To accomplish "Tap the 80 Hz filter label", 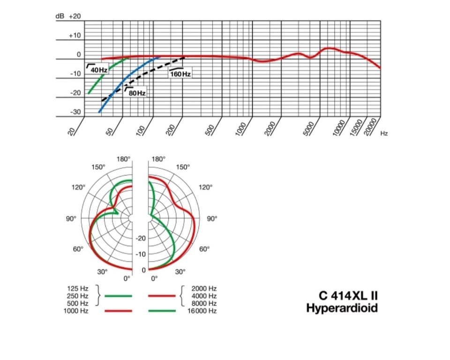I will (x=136, y=93).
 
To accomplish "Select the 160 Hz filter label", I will (x=181, y=74).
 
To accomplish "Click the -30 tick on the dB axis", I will (x=75, y=112).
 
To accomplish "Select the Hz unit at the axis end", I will (x=384, y=134).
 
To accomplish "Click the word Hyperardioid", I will (x=342, y=308).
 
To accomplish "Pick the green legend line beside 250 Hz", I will (x=118, y=296).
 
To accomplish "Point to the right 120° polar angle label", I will (x=205, y=187).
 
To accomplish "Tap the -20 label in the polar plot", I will (x=141, y=239).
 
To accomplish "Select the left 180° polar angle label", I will (x=124, y=159).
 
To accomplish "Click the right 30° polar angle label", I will (x=180, y=271).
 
